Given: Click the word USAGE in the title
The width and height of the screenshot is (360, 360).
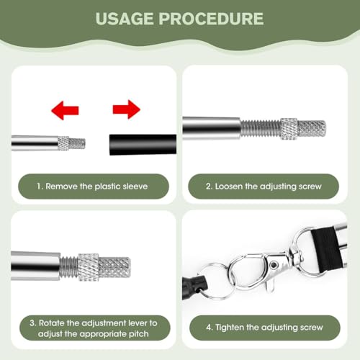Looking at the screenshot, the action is (125, 19).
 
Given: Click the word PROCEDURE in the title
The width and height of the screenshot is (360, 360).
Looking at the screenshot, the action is (211, 19).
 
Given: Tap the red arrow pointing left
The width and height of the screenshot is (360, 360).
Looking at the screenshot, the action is (65, 110).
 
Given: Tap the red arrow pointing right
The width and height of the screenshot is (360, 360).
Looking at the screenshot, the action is (127, 109).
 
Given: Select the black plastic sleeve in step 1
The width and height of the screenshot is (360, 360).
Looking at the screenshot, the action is (143, 145).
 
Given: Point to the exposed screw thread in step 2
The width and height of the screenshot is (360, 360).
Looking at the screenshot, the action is (261, 128).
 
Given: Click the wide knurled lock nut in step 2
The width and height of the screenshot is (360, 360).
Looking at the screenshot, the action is (289, 129).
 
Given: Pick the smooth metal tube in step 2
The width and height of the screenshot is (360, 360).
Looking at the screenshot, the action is (211, 128).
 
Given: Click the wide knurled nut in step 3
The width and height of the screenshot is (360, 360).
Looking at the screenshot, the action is (88, 267).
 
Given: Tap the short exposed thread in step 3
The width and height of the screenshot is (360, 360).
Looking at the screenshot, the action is (69, 267).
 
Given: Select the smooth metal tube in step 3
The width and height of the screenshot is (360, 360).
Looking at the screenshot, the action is (35, 266).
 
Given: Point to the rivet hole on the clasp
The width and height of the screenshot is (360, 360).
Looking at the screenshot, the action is (273, 265).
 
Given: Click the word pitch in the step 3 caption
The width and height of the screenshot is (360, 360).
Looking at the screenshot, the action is (139, 334).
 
